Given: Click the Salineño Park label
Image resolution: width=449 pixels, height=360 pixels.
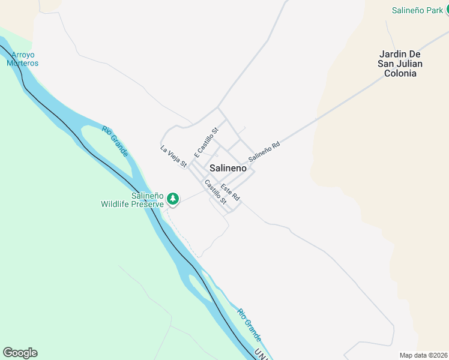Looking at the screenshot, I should coord(417,10).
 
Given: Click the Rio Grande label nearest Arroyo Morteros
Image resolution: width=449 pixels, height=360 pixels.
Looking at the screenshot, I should coord(115,142).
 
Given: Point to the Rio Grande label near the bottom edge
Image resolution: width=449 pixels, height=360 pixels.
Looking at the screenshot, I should coord(249,325).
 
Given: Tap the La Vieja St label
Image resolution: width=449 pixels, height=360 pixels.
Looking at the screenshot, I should coord(174,155).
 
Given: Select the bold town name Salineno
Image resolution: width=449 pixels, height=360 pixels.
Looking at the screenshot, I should coord(228,169).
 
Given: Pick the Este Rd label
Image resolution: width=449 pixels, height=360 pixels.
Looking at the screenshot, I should coord(230,192).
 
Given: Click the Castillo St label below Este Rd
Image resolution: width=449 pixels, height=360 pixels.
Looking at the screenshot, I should coord(215,193).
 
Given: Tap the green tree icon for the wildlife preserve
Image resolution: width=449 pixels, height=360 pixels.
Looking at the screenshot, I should coord(173,198).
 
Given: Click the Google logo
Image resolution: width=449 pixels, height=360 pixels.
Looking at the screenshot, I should coord(20,353).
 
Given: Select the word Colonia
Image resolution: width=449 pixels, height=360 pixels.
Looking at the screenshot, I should coord(400,73).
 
